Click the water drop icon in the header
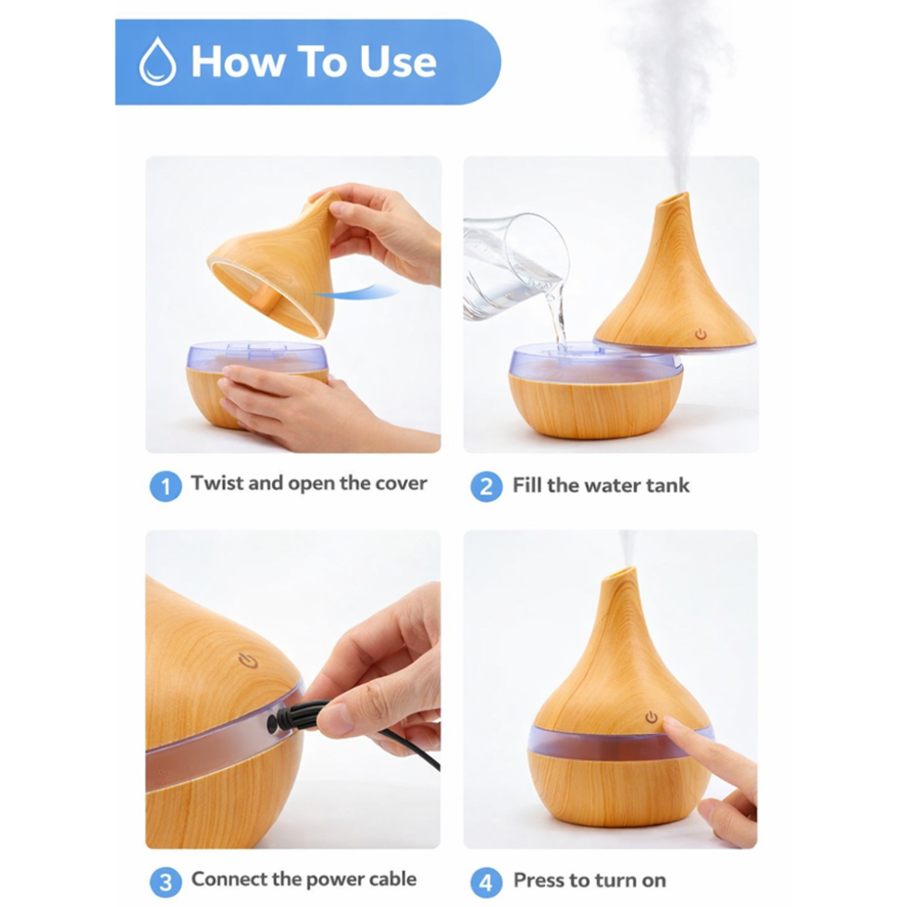[x=157, y=62]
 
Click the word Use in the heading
[x=398, y=61]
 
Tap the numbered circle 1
[x=166, y=486]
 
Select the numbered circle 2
[x=486, y=486]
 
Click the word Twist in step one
[x=217, y=483]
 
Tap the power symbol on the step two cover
[x=702, y=334]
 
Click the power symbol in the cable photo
[x=248, y=660]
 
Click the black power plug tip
[x=271, y=724]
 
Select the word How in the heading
[x=237, y=61]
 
